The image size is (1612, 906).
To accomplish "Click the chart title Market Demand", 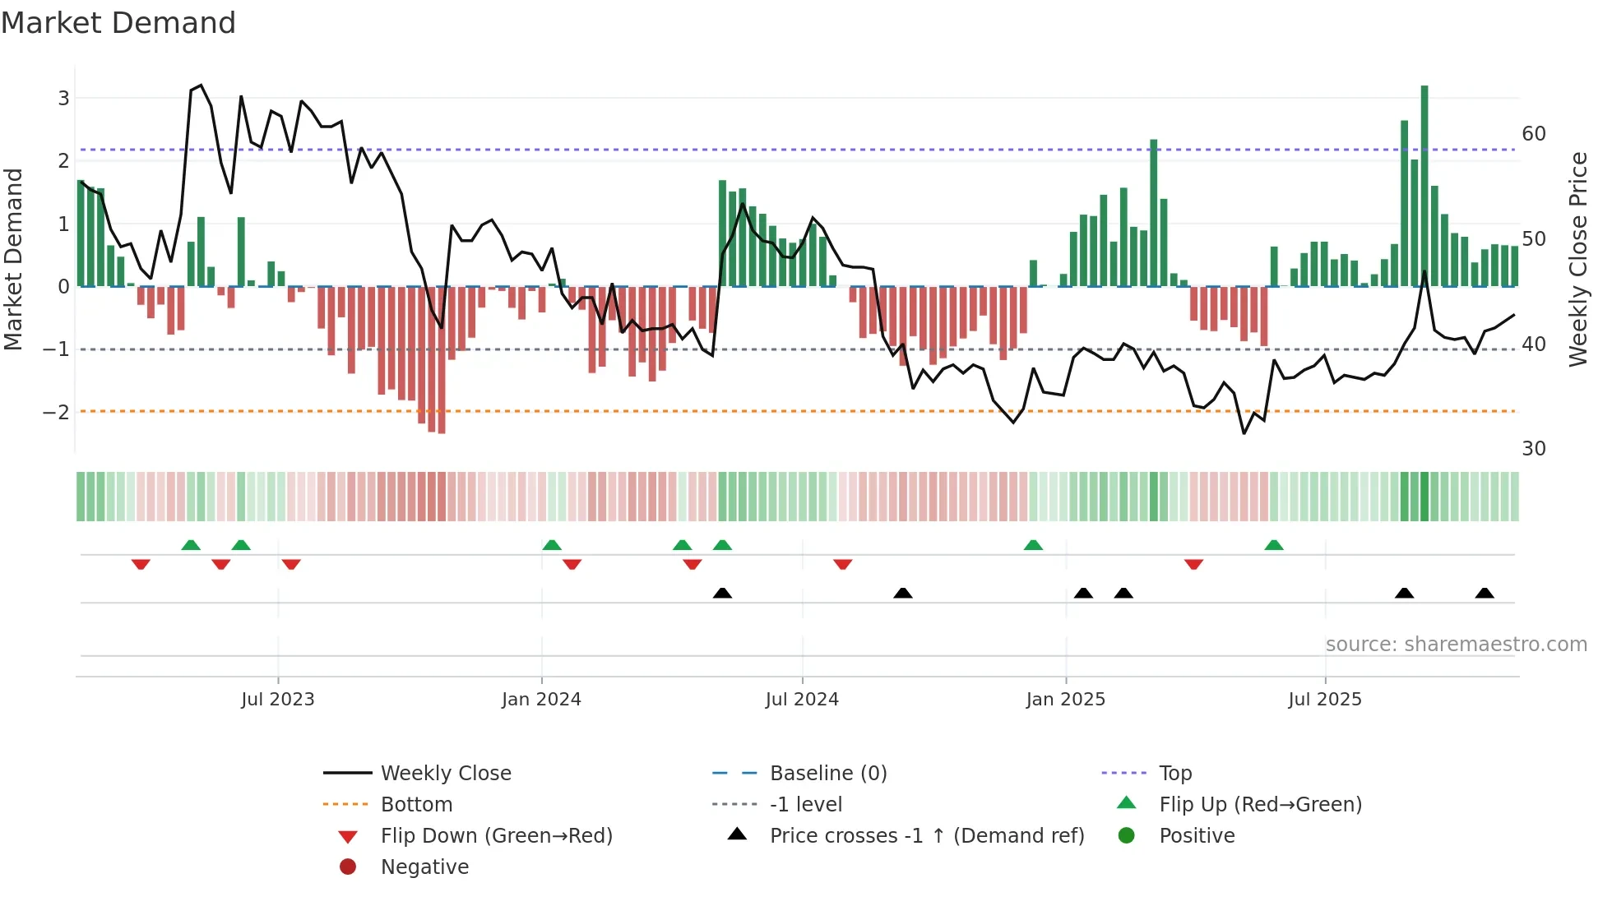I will click(x=118, y=23).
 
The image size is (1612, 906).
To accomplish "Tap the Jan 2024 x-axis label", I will click(x=541, y=700).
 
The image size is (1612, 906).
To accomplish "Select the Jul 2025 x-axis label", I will click(x=1325, y=700).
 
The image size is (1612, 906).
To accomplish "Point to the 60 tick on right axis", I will click(x=1534, y=134).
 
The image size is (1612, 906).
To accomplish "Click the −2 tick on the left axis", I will click(x=56, y=412).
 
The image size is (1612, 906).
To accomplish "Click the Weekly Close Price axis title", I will click(x=1577, y=259).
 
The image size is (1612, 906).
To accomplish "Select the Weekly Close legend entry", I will click(x=445, y=774).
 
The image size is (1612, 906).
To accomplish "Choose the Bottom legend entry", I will click(x=416, y=805).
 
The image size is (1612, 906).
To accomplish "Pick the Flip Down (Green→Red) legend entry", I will click(x=496, y=836).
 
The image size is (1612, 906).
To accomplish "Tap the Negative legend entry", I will click(x=424, y=867).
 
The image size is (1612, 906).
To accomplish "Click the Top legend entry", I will click(x=1175, y=774).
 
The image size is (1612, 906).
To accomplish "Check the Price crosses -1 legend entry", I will click(x=926, y=836).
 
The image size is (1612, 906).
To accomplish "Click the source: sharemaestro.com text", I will click(x=1456, y=645).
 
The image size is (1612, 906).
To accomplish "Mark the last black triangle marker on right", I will click(x=1485, y=594).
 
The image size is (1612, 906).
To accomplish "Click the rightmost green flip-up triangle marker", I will click(x=1274, y=545).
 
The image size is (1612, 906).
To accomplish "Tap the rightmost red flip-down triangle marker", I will click(x=1194, y=564).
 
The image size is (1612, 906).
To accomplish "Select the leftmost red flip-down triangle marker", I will click(x=141, y=564).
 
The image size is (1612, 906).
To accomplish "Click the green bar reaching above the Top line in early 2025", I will click(x=1154, y=214).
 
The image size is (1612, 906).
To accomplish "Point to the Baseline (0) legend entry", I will click(x=827, y=774).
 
